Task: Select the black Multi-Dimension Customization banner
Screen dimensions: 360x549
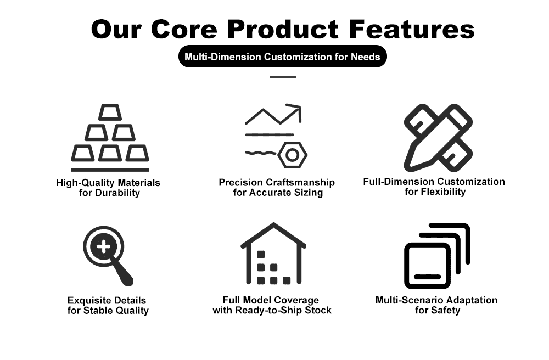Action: (282, 57)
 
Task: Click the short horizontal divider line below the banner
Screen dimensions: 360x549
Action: (283, 77)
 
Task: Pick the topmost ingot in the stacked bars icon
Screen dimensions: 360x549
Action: (110, 113)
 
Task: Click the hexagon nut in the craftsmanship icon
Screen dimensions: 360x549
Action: (292, 155)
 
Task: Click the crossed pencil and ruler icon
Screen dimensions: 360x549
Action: (438, 137)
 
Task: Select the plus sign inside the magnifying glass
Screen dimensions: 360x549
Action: (103, 247)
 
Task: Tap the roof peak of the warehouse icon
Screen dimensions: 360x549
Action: (273, 226)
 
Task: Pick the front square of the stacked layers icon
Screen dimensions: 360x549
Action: (428, 266)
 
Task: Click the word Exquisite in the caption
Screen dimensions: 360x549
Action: (90, 301)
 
